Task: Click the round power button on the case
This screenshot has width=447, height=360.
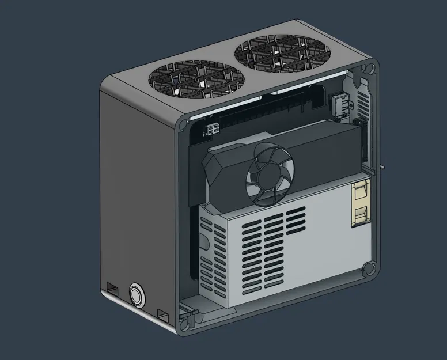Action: click(137, 294)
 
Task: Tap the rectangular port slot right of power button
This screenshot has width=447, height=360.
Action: click(163, 314)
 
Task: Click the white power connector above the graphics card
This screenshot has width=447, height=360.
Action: click(213, 130)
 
